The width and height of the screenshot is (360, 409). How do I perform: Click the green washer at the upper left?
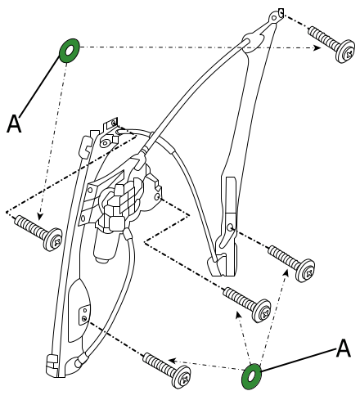pyautogui.click(x=70, y=51)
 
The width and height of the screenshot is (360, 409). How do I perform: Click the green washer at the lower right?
pyautogui.click(x=251, y=376)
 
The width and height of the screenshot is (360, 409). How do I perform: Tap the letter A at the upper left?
pyautogui.click(x=14, y=124)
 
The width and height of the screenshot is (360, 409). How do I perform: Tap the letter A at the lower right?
pyautogui.click(x=343, y=348)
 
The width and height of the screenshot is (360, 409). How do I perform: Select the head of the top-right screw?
pyautogui.click(x=346, y=52)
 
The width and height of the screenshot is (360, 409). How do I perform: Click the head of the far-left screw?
pyautogui.click(x=52, y=239)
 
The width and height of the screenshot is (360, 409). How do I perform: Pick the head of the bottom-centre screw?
pyautogui.click(x=182, y=376)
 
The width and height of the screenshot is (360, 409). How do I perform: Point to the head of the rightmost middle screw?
pyautogui.click(x=305, y=270)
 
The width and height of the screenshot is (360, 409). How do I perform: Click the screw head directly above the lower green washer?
pyautogui.click(x=262, y=311)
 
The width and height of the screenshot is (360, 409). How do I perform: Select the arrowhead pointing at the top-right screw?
pyautogui.click(x=317, y=48)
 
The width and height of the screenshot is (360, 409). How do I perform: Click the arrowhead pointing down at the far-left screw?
pyautogui.click(x=40, y=216)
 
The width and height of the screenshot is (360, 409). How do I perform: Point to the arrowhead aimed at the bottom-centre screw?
pyautogui.click(x=172, y=361)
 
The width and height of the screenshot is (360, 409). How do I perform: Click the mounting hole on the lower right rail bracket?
pyautogui.click(x=231, y=227)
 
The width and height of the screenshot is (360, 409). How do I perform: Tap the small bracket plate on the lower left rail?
pyautogui.click(x=84, y=314)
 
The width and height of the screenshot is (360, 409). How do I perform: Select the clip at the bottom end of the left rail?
pyautogui.click(x=52, y=366)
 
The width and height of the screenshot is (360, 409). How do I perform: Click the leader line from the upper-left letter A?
pyautogui.click(x=39, y=85)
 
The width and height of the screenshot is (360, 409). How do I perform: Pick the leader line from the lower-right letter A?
pyautogui.click(x=299, y=359)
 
